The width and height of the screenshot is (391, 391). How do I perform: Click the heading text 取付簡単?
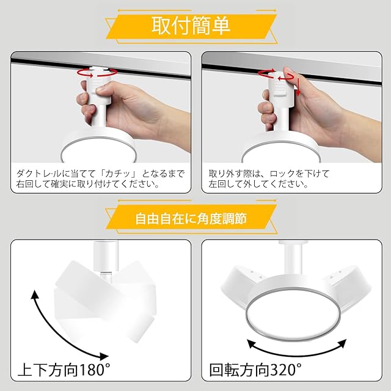coord(191,26)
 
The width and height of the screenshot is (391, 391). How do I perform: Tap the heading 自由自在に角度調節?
coord(191,219)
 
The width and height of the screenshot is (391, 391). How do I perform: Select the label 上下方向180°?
coord(64,370)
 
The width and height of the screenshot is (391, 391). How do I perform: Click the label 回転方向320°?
coord(255,370)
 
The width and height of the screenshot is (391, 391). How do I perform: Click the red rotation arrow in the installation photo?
coord(97,72)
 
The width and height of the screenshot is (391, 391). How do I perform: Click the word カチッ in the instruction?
coord(118,174)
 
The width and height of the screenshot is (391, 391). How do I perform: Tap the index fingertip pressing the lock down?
coord(289,72)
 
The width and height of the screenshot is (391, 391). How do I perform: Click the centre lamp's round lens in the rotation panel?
coord(293,314)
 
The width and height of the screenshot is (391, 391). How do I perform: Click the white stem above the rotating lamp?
coord(293,259)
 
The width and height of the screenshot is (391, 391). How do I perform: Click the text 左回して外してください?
coord(258,184)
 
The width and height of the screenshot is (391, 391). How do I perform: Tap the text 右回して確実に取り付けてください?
coord(88,184)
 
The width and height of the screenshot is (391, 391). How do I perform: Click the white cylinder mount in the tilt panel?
coord(105,257)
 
